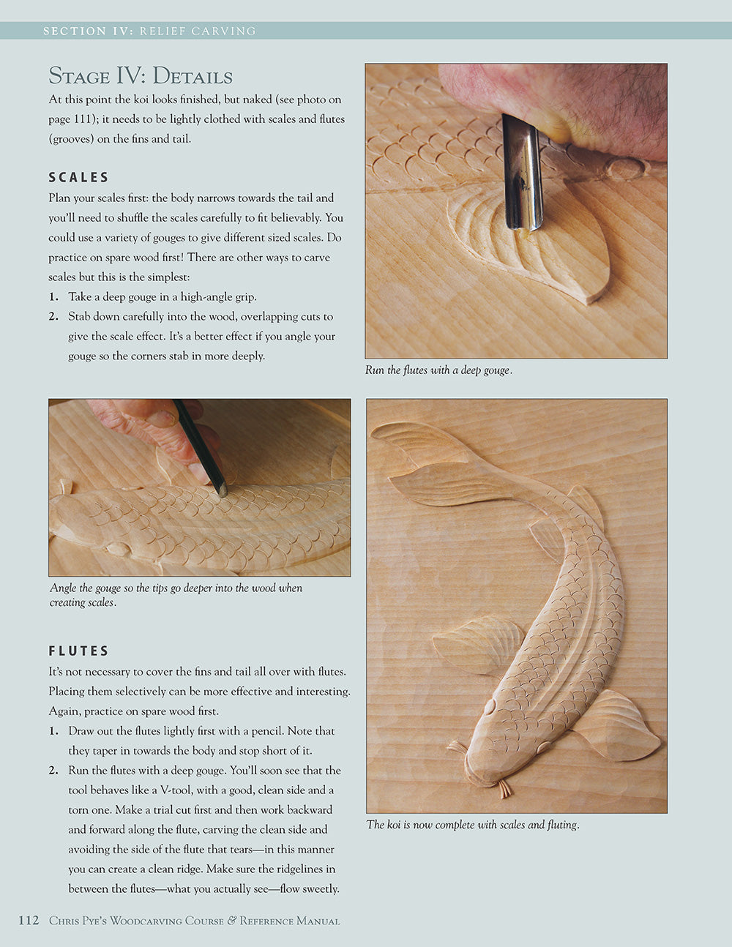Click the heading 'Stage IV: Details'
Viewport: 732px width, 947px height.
click(141, 76)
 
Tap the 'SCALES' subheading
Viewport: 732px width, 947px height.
click(79, 177)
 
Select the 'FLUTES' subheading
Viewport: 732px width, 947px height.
click(79, 651)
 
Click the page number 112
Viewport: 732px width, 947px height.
click(28, 921)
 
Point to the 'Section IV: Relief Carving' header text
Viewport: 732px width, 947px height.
click(149, 31)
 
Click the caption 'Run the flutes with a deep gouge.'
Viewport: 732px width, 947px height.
click(438, 370)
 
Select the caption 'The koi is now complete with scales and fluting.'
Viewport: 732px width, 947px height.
click(473, 825)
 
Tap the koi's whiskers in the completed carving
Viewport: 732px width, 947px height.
click(504, 789)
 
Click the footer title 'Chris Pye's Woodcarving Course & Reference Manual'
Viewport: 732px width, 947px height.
click(195, 921)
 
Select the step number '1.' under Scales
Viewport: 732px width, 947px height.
click(54, 297)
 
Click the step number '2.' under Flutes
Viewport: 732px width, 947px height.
click(54, 771)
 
